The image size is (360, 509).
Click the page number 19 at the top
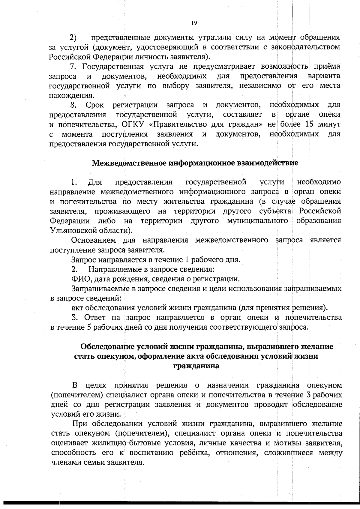pos(194,23)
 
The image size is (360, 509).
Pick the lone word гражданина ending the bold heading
pos(196,366)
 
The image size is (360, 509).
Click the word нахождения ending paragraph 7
pos(71,95)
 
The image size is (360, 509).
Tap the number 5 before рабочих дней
pos(89,327)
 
